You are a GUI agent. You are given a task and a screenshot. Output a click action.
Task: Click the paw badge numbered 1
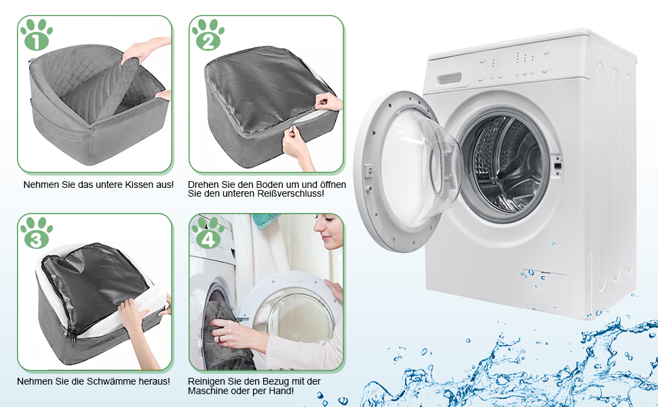[x=37, y=35]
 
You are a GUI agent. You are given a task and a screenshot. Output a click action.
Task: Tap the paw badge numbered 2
[x=208, y=35]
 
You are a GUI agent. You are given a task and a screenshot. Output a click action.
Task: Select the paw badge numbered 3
[x=37, y=233]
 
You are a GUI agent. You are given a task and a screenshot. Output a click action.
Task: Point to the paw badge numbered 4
[x=208, y=233]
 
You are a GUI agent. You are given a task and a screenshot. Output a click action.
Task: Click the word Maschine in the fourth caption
[x=206, y=391]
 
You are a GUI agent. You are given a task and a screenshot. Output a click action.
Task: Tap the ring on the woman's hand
[x=218, y=338]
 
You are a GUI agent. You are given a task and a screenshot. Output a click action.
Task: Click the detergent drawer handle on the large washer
[x=450, y=79]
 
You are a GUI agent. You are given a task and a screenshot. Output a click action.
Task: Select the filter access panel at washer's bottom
[x=546, y=291]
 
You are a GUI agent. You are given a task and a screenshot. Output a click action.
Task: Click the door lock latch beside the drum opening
[x=558, y=165]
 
